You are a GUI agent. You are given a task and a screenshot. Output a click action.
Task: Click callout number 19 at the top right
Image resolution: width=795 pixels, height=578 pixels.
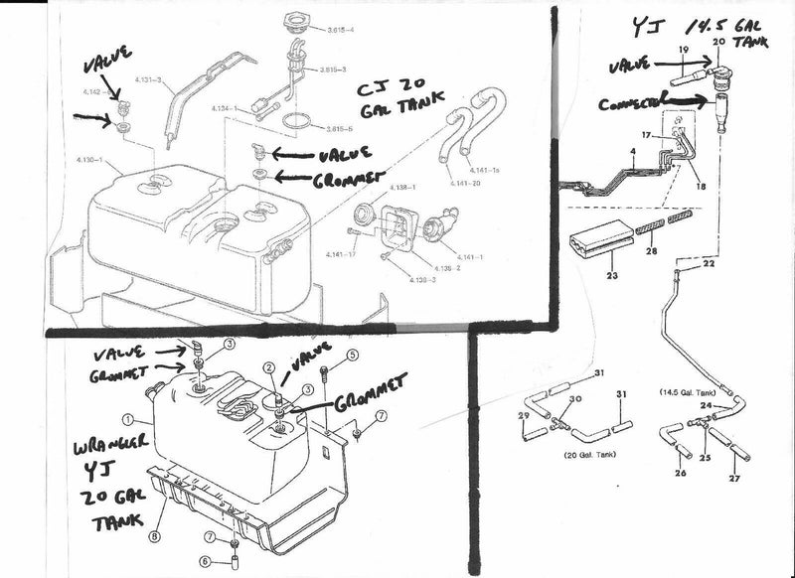684,49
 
